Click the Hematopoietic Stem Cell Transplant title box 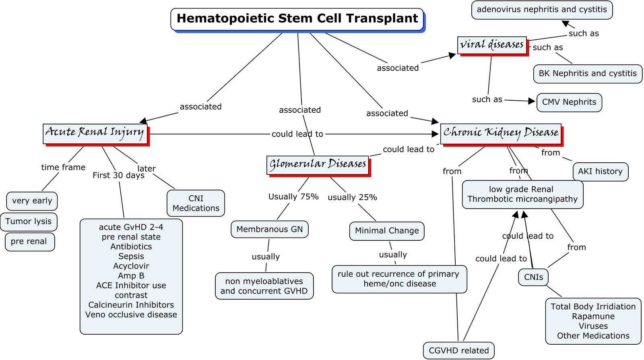point(297,19)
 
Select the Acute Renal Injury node point(95,133)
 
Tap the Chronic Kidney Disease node point(501,133)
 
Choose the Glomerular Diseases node point(318,165)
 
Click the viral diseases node point(492,45)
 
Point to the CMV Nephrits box point(569,102)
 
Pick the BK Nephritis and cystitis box point(588,74)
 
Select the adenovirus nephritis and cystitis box point(542,10)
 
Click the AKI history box point(600,172)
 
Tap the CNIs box point(533,277)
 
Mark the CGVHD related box point(458,350)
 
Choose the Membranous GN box point(269,229)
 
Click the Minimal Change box point(387,231)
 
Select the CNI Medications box point(196,203)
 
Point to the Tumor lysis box point(29,221)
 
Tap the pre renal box point(29,242)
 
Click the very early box point(32,201)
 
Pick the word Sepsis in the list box point(131,257)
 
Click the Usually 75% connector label point(293,197)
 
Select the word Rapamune point(593,317)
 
